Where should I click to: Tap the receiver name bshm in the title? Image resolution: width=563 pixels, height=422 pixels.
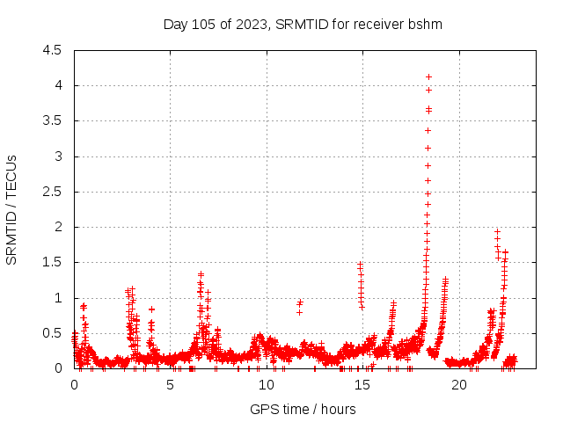(425, 24)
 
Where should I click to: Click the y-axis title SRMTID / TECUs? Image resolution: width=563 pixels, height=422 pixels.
(12, 209)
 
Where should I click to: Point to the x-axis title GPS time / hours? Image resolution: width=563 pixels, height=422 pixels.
(303, 409)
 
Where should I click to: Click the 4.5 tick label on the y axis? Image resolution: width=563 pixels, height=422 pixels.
(52, 50)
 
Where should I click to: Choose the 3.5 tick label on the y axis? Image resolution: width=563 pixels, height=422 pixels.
(52, 121)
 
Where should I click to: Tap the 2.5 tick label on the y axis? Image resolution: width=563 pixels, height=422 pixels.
(52, 192)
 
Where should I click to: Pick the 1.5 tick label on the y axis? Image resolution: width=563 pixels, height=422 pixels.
(52, 263)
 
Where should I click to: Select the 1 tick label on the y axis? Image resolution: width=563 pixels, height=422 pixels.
(58, 298)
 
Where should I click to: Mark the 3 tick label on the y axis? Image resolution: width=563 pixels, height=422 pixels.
(58, 156)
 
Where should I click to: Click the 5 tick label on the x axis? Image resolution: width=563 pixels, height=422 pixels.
(171, 384)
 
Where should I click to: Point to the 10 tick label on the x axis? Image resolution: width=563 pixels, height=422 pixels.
(267, 384)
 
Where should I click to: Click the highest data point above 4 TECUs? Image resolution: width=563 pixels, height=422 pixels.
(428, 76)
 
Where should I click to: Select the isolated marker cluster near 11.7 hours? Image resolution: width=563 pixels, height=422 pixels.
(299, 306)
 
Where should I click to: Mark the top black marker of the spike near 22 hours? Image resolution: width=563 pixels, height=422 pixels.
(497, 231)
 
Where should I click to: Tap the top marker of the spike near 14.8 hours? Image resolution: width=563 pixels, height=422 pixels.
(360, 264)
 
